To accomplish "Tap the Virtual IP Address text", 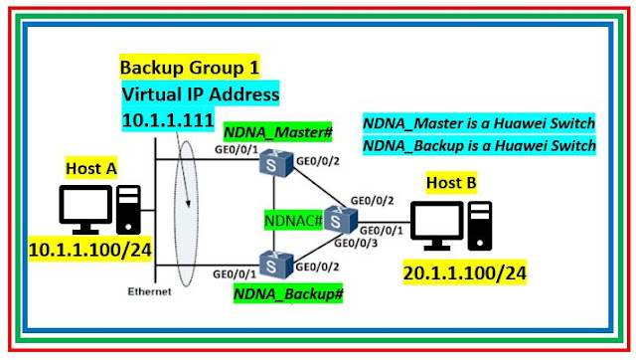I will pyautogui.click(x=201, y=94).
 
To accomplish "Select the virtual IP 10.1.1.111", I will pyautogui.click(x=169, y=118).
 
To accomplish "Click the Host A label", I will pyautogui.click(x=91, y=170).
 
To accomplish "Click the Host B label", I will pyautogui.click(x=453, y=183).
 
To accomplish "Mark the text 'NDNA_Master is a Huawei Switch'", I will pyautogui.click(x=478, y=122).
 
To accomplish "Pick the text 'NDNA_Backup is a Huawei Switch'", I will pyautogui.click(x=478, y=144).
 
